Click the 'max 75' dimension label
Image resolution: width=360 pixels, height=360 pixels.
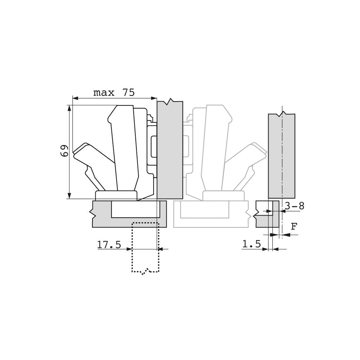tap(114, 93)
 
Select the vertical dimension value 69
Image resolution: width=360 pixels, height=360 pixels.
tap(64, 151)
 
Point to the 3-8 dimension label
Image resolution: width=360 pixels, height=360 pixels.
tap(294, 206)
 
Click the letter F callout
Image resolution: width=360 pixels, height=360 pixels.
tap(294, 227)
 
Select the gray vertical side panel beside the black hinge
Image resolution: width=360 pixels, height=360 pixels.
tap(170, 151)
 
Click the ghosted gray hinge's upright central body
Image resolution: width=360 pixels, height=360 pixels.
tap(214, 148)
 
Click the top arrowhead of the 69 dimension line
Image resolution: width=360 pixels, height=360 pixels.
tap(70, 108)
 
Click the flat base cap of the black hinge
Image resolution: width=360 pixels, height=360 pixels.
tap(116, 195)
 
